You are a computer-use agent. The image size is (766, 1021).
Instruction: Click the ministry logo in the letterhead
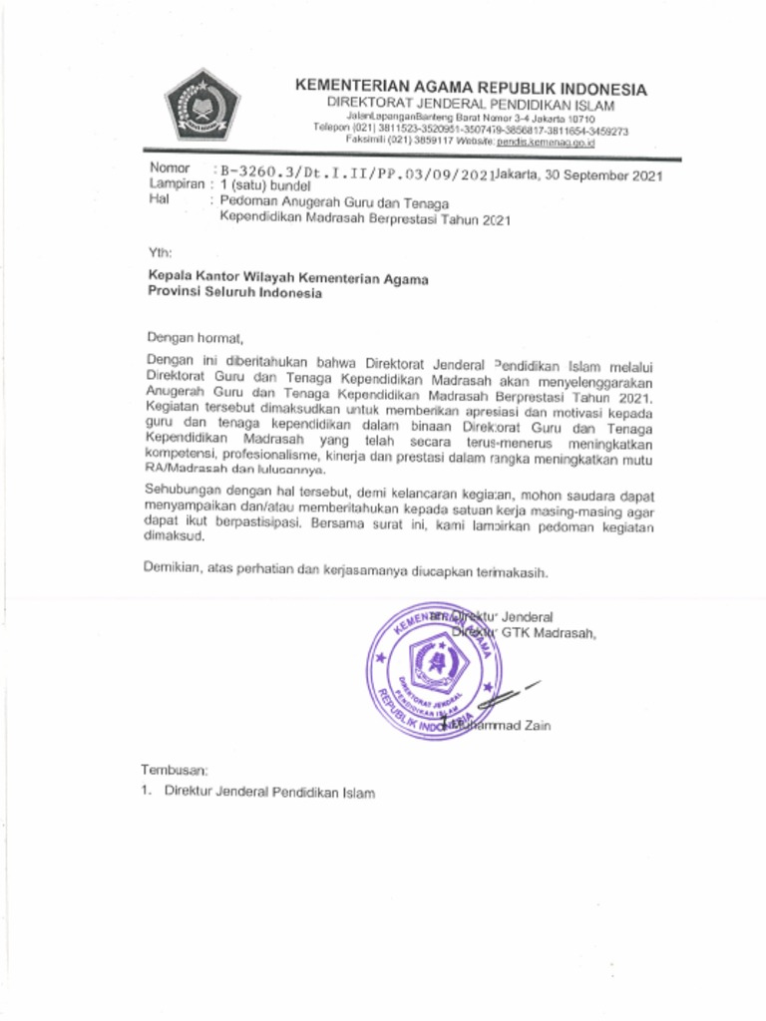tap(202, 106)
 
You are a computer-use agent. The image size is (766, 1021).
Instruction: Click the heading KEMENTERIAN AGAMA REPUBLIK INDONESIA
tap(471, 89)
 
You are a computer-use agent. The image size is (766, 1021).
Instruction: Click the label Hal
tap(156, 199)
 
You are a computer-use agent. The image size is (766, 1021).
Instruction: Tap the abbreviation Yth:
tap(160, 251)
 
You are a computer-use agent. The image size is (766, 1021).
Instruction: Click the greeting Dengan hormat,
tap(194, 337)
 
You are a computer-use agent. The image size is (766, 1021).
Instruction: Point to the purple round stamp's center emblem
tap(436, 662)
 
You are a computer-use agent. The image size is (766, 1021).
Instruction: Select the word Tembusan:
tap(175, 770)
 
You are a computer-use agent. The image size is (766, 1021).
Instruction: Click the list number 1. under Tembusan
tap(146, 794)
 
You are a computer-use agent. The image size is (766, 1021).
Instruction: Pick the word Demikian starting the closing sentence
tap(173, 573)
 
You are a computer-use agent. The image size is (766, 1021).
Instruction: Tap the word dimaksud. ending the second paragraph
tap(175, 535)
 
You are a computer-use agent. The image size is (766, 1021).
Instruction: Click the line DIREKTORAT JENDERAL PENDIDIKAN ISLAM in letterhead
tap(471, 106)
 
